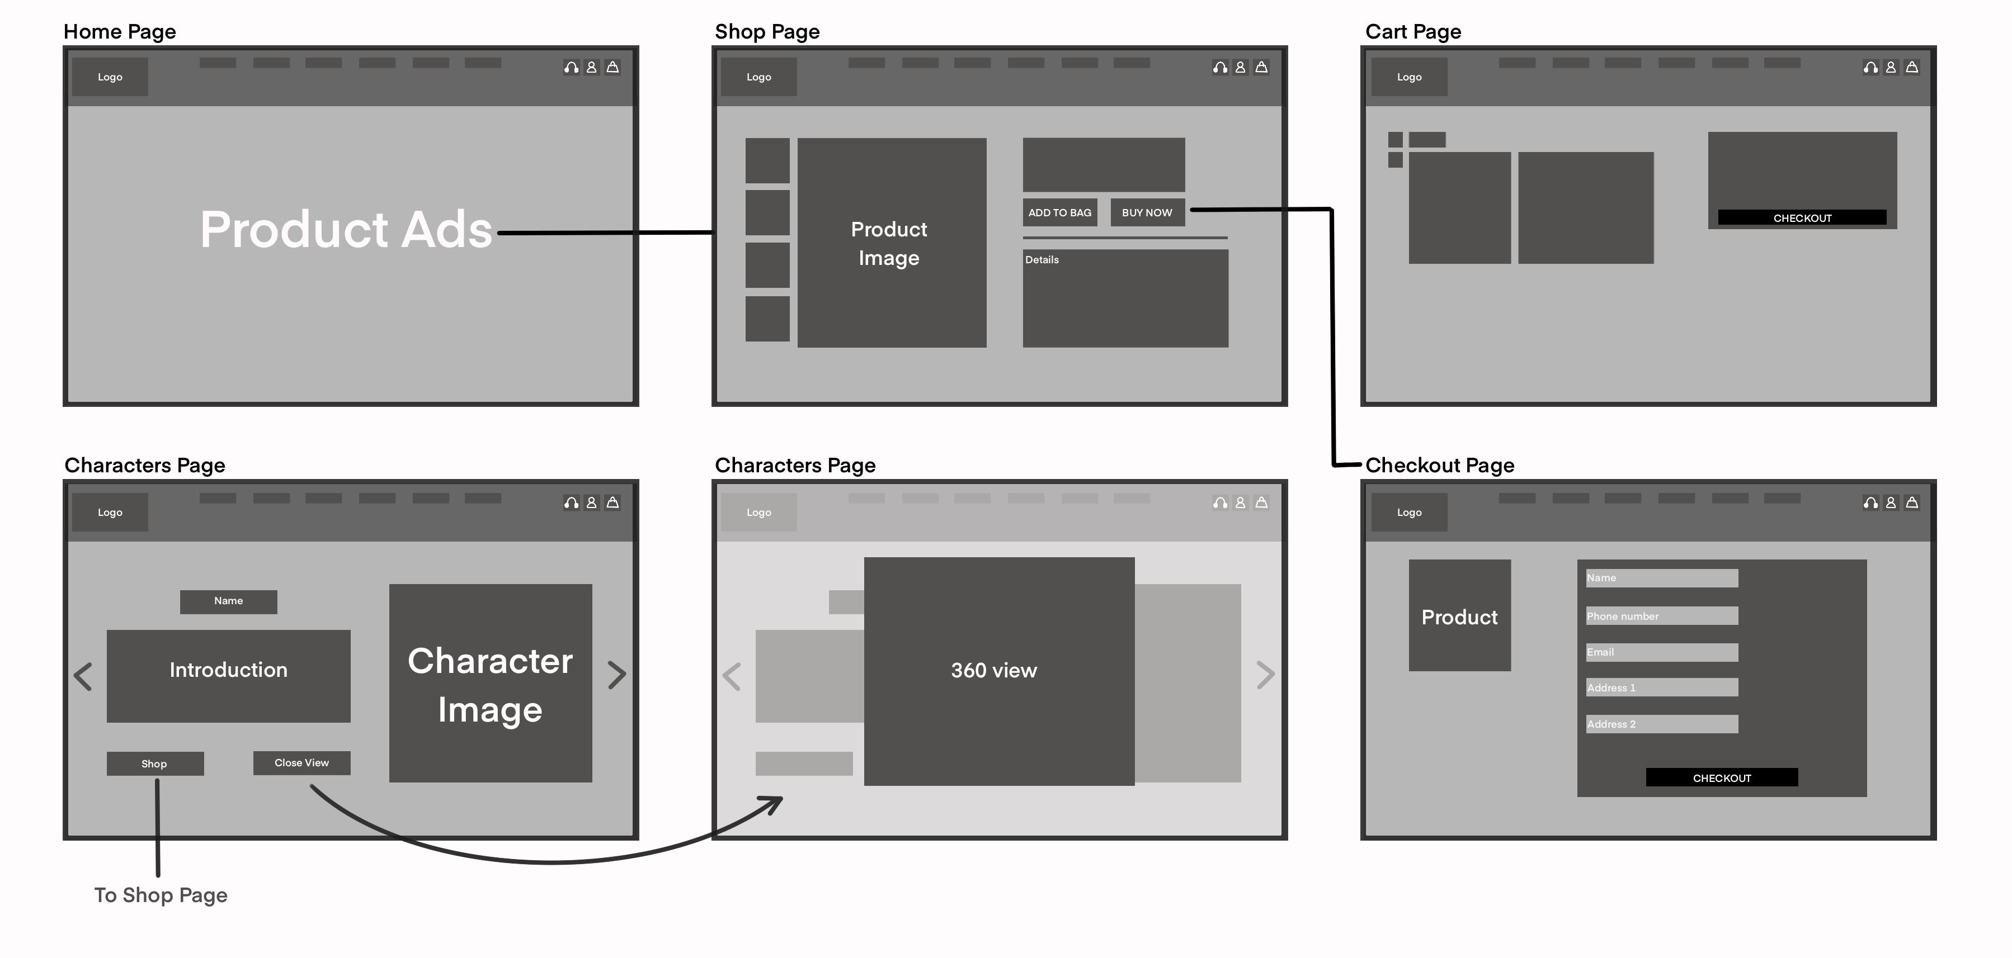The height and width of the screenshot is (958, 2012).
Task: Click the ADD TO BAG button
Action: coord(1059,212)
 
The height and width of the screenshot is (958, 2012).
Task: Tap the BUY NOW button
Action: coord(1147,212)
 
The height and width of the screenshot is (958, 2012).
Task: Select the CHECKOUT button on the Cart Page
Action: coord(1801,218)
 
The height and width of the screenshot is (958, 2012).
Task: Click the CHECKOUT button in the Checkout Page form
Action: coord(1722,777)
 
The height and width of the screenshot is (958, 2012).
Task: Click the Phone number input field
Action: coord(1661,616)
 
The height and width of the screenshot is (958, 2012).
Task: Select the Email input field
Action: coord(1661,652)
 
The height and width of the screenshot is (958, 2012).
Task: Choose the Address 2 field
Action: coord(1661,724)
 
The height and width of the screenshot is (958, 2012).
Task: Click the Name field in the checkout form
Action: coord(1661,578)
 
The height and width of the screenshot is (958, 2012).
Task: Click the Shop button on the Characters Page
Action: coord(154,763)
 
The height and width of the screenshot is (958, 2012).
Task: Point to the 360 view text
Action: coord(993,670)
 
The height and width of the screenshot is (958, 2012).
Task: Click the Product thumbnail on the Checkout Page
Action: coord(1459,615)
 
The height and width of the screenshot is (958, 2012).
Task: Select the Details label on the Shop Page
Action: coord(1042,260)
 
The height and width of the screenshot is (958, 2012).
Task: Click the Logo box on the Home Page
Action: coord(110,77)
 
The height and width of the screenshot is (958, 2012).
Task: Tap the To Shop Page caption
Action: coord(161,895)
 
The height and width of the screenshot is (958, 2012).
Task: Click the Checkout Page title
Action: coord(1439,466)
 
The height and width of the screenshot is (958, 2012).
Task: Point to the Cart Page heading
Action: coord(1413,32)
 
